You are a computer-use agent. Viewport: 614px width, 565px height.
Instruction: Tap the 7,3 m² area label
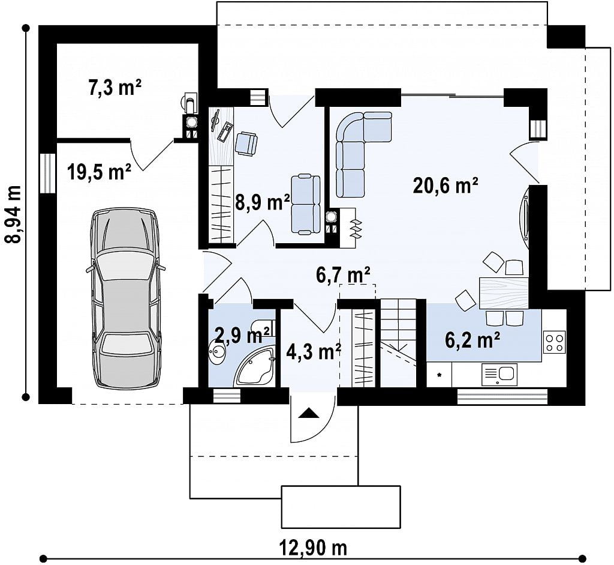[115, 88]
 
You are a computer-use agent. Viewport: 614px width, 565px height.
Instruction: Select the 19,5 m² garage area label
[99, 172]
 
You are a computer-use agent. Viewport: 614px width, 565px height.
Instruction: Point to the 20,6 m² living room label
[446, 186]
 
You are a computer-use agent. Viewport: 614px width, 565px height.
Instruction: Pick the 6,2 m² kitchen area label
[472, 340]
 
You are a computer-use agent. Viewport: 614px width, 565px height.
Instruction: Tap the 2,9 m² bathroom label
[242, 336]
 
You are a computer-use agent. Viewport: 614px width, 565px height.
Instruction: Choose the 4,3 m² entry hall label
[314, 352]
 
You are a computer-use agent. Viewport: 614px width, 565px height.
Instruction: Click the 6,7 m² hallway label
[343, 275]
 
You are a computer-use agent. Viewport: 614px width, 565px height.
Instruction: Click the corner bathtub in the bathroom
[254, 367]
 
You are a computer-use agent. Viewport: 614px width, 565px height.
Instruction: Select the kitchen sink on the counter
[499, 375]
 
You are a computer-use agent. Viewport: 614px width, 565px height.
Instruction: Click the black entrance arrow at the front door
[309, 413]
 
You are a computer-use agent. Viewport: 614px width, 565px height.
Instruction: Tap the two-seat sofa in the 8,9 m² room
[306, 205]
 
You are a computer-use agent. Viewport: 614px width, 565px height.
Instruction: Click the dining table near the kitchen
[504, 293]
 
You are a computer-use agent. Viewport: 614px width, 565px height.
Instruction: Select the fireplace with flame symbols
[348, 228]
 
